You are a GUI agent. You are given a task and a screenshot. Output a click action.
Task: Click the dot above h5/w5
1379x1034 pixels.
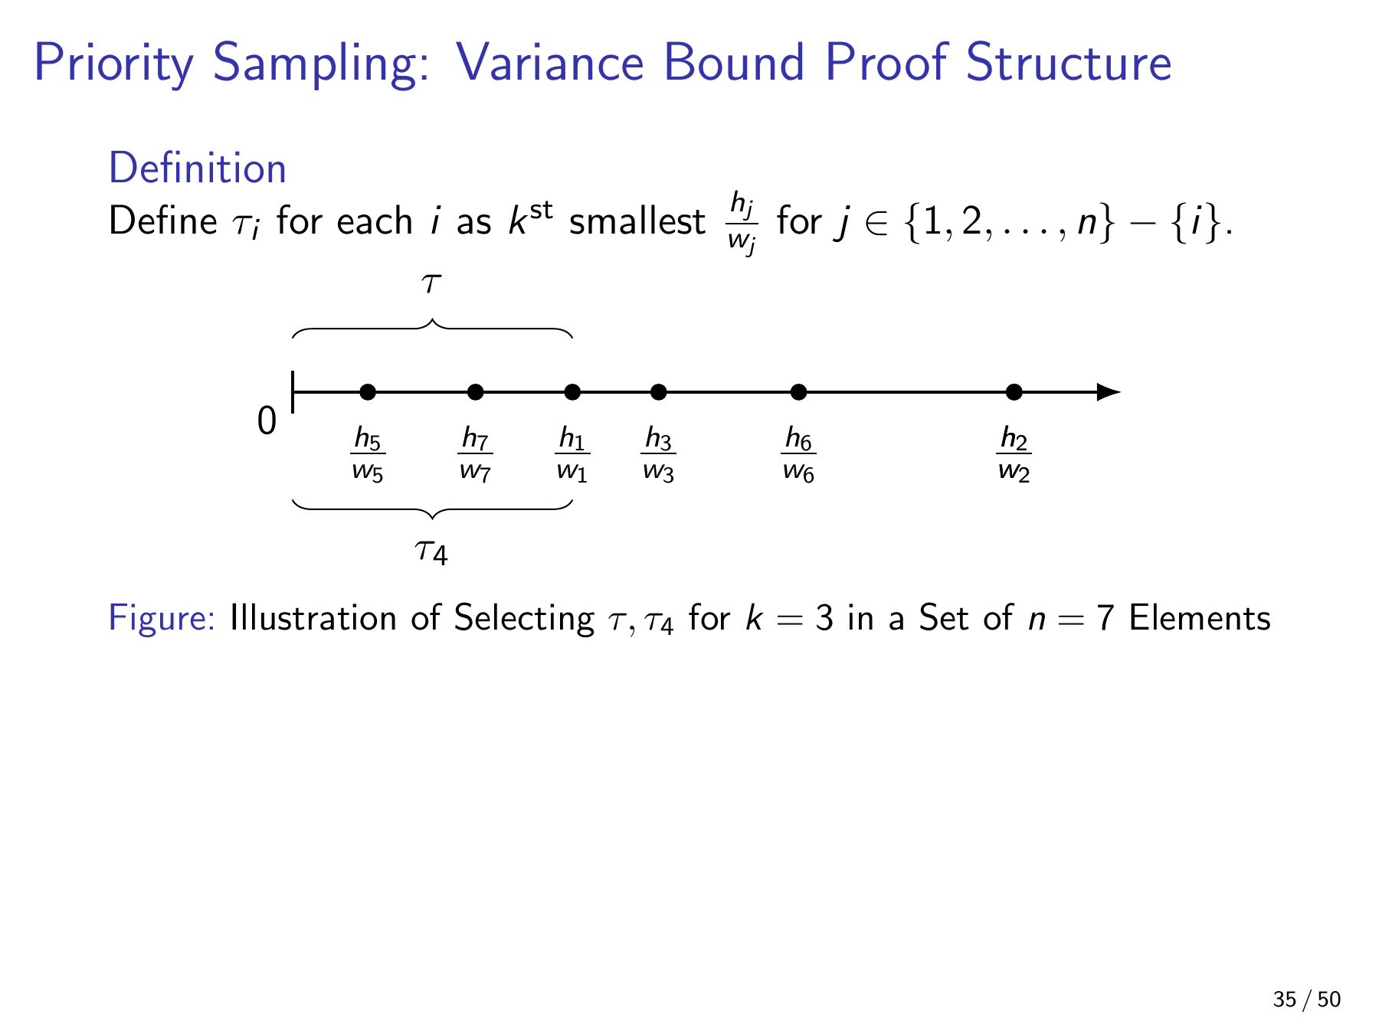[368, 392]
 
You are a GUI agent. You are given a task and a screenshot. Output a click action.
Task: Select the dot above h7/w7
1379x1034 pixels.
[475, 392]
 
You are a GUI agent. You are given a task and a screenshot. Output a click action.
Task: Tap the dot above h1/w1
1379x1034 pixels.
[572, 392]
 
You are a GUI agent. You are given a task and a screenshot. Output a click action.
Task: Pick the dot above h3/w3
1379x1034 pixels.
[659, 392]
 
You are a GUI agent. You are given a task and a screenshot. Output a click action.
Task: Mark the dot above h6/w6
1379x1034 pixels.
[798, 392]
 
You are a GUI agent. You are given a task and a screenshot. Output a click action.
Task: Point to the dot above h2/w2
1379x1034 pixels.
[1014, 392]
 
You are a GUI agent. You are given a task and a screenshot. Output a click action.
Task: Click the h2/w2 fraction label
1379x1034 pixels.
[1014, 454]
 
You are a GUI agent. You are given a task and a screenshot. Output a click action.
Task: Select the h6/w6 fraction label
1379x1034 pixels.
[798, 454]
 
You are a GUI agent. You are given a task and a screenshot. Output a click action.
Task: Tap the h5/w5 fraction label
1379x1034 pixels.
[368, 454]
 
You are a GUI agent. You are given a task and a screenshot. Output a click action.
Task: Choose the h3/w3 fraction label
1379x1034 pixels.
[658, 454]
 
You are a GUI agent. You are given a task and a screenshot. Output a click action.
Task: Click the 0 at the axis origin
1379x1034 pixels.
[267, 420]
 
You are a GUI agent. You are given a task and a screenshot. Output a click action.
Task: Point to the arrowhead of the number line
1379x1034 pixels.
[1109, 392]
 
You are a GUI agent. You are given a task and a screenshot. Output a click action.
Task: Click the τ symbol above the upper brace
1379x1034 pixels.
[431, 283]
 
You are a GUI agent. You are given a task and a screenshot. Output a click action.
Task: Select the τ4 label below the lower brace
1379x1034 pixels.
[431, 551]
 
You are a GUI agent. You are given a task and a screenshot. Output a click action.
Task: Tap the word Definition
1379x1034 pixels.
[198, 169]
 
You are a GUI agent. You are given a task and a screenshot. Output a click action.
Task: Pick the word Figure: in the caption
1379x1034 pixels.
[162, 618]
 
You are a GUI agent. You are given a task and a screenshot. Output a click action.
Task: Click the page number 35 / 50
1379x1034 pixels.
[1307, 1000]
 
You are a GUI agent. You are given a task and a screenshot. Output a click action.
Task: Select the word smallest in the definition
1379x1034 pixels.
[637, 222]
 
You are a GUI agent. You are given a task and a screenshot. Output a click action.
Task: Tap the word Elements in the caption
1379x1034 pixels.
[1200, 618]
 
